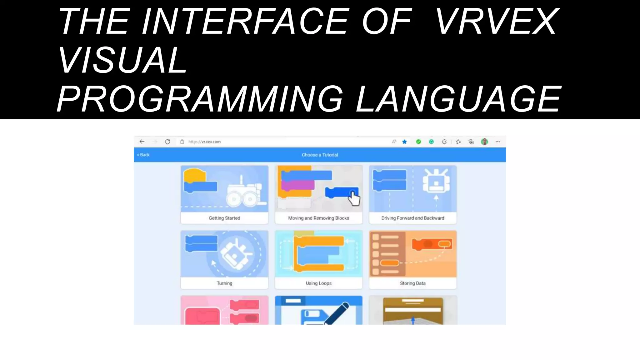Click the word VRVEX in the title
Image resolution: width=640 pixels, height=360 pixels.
click(x=497, y=22)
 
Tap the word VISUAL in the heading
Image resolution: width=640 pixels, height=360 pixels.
click(x=123, y=60)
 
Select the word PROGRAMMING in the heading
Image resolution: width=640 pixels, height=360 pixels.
click(x=200, y=99)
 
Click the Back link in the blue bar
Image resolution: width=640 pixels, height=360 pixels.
click(x=143, y=155)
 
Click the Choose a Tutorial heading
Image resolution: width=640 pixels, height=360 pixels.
click(x=320, y=155)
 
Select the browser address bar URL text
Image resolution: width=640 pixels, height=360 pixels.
click(x=204, y=142)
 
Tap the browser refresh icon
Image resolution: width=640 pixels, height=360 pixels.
click(x=167, y=142)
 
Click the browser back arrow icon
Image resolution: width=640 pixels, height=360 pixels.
click(x=142, y=142)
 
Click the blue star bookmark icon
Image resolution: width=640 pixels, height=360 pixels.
click(x=404, y=142)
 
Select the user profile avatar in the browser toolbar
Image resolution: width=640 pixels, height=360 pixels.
click(x=484, y=142)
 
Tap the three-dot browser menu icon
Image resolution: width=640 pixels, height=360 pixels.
click(x=498, y=142)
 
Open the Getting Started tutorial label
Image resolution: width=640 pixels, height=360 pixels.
click(x=224, y=218)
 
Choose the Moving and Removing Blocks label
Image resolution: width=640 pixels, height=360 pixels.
click(x=318, y=218)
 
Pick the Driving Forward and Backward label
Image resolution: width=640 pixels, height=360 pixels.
click(x=412, y=218)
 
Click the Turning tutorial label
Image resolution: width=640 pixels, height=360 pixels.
click(x=224, y=283)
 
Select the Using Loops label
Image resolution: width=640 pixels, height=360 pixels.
click(x=318, y=283)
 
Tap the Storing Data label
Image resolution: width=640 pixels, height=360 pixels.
click(x=412, y=283)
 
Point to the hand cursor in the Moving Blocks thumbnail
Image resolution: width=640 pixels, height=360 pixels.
click(x=354, y=199)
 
